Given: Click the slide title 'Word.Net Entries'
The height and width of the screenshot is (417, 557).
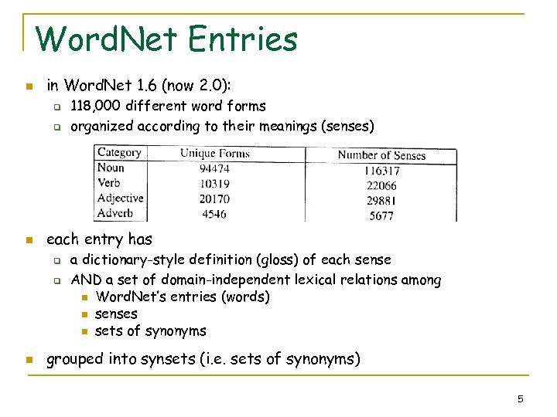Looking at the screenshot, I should (166, 39).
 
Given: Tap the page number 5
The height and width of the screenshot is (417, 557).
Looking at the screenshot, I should (521, 398).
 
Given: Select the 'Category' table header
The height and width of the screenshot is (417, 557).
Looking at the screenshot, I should (119, 153).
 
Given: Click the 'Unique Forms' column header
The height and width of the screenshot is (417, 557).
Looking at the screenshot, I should (214, 154).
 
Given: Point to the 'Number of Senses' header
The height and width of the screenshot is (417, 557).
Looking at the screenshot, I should (381, 155).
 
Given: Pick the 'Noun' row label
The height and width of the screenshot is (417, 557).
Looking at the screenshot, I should (111, 168).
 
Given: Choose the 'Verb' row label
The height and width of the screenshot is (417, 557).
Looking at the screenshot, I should (109, 183).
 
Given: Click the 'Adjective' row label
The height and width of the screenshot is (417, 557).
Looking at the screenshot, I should (120, 198).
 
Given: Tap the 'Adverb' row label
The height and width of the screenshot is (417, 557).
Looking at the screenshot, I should (115, 213).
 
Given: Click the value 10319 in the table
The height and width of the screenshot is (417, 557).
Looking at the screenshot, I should (214, 184).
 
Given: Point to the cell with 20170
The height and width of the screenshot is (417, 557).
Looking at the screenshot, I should (214, 198).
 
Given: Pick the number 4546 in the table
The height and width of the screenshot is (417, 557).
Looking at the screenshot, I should (214, 213).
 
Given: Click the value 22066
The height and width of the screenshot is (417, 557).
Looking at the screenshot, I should (381, 186).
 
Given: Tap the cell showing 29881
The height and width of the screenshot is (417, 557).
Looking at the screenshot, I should (381, 201).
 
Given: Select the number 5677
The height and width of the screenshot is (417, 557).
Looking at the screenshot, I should (381, 215).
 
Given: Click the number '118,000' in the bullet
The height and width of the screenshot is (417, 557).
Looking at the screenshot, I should (96, 106).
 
